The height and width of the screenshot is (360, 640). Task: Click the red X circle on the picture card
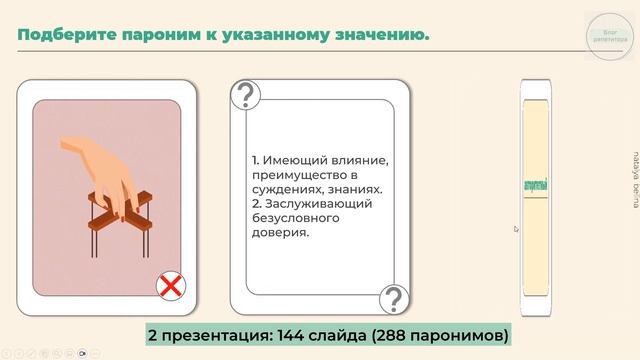point(172,287)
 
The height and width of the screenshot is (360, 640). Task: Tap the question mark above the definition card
point(245,96)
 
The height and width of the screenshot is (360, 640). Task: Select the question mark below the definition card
point(394,297)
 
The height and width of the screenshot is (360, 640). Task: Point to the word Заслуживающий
point(309,203)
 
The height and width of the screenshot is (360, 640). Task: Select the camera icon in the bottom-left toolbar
point(83,352)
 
